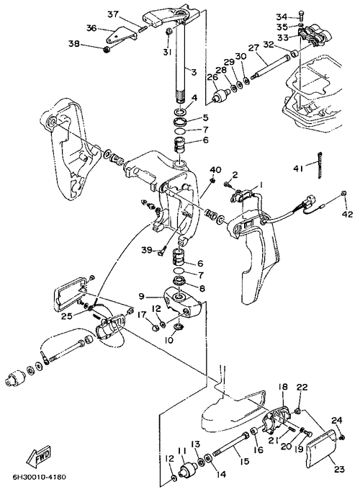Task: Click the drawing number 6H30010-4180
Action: pos(40,478)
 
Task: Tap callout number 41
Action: pos(298,169)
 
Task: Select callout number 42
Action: pos(348,215)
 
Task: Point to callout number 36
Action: pos(91,28)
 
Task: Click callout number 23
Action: pos(339,469)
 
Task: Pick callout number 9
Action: pos(142,295)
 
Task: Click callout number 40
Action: pos(215,170)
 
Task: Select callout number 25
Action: pos(66,316)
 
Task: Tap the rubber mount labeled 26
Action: pos(220,95)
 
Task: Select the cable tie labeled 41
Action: pos(320,165)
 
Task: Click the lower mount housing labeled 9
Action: pos(182,301)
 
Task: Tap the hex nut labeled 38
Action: pos(107,49)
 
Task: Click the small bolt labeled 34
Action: pos(301,16)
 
